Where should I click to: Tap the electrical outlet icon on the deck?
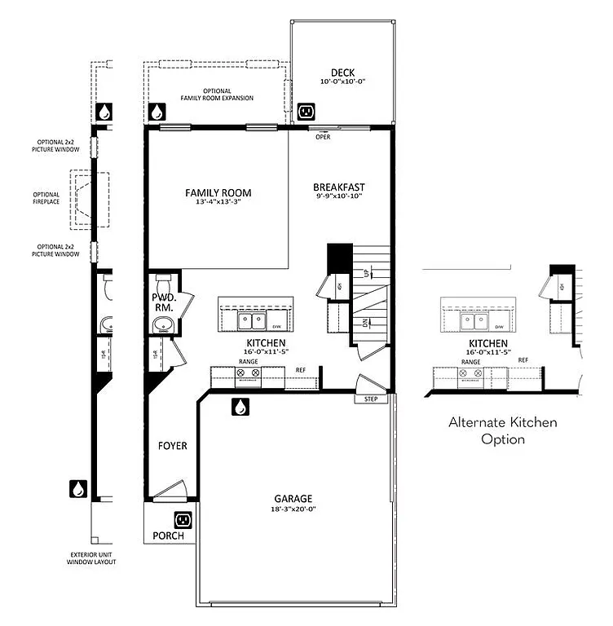tap(306, 111)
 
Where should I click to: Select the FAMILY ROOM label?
tap(218, 193)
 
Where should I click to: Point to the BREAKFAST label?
tap(338, 187)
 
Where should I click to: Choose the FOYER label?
tap(172, 446)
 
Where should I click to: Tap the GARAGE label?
tap(293, 498)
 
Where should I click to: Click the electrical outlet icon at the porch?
tap(183, 519)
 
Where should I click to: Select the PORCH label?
tap(168, 536)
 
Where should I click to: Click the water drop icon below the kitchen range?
tap(241, 406)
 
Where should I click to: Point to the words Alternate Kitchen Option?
tap(503, 430)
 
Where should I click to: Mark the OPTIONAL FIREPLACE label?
tap(46, 198)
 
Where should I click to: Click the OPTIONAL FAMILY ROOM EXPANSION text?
tap(217, 95)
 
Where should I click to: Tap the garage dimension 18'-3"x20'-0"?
tap(293, 509)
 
